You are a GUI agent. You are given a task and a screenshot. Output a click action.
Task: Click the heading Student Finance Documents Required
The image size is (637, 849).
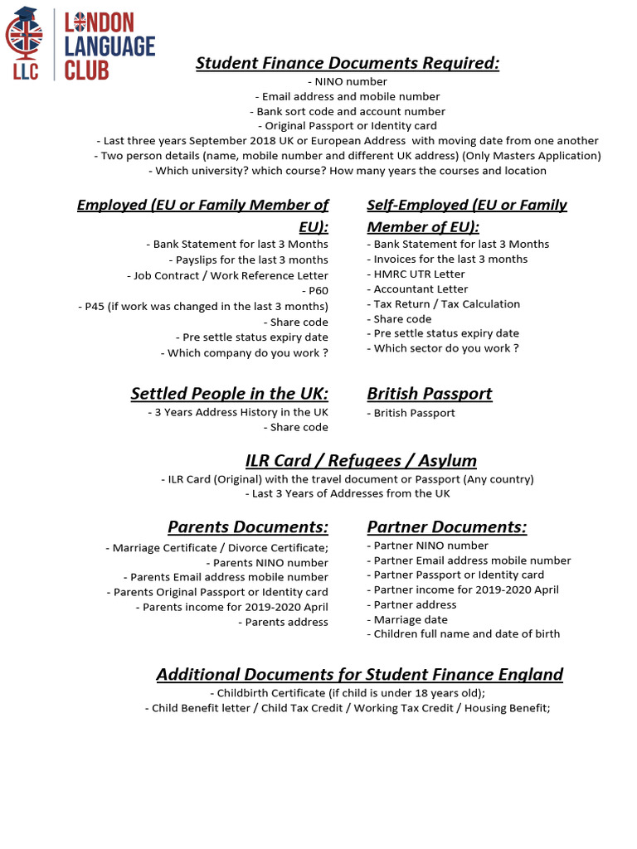[x=348, y=64]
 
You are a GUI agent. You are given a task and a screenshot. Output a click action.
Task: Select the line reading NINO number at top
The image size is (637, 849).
[x=348, y=82]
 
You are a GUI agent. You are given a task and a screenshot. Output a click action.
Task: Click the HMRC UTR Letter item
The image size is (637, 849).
[x=416, y=274]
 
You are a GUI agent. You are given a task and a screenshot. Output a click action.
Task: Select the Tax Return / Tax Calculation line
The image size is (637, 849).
[x=444, y=304]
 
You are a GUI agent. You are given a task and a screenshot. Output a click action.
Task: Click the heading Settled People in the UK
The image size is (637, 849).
[x=229, y=393]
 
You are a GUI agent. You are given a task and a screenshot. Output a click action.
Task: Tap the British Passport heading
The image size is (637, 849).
[x=430, y=393]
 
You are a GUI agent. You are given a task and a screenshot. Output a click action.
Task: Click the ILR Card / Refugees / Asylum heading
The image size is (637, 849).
[x=361, y=460]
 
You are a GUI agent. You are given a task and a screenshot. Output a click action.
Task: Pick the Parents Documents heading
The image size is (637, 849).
[x=247, y=526]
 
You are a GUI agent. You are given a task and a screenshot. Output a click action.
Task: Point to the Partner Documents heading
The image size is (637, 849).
[x=447, y=526]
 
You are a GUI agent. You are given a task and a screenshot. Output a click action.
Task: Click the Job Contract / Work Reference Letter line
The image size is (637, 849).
[x=227, y=276]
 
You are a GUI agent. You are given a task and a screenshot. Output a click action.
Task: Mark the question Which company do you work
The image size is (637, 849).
[x=245, y=353]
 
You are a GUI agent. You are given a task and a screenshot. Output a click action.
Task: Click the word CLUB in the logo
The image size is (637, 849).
[x=86, y=70]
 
